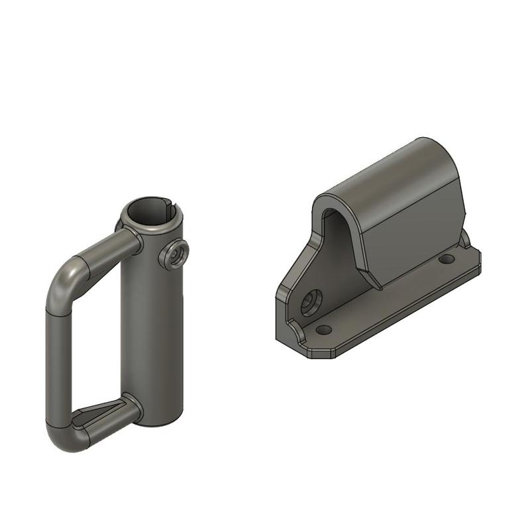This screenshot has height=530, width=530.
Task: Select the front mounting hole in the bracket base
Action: coord(323,329)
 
